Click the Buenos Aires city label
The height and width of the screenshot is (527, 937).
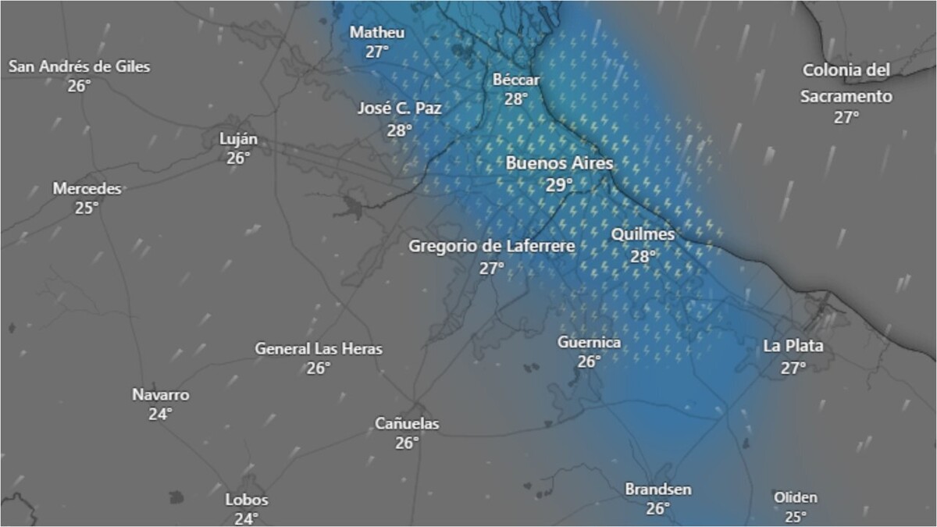tap(559, 164)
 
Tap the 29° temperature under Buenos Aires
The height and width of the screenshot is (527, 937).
tap(559, 185)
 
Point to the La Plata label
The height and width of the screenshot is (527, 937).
tap(793, 346)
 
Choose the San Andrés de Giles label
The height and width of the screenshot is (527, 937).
tap(79, 66)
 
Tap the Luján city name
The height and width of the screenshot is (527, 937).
tap(238, 139)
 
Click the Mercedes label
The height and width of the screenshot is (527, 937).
tap(87, 188)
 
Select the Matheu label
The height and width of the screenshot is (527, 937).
tap(377, 32)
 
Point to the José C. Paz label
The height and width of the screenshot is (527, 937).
tap(399, 109)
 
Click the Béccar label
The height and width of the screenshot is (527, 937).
tap(516, 80)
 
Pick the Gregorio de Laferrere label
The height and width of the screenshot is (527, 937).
tap(492, 247)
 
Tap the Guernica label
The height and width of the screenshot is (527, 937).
tap(589, 343)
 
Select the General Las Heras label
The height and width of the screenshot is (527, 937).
tap(319, 349)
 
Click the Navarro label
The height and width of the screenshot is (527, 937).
tap(160, 395)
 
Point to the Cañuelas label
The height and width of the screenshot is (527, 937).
tap(407, 424)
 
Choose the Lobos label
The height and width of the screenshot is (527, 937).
tap(246, 500)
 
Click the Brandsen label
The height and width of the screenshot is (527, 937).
tap(657, 490)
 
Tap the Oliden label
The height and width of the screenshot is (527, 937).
tap(795, 497)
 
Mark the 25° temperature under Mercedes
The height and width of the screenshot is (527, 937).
tap(87, 208)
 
